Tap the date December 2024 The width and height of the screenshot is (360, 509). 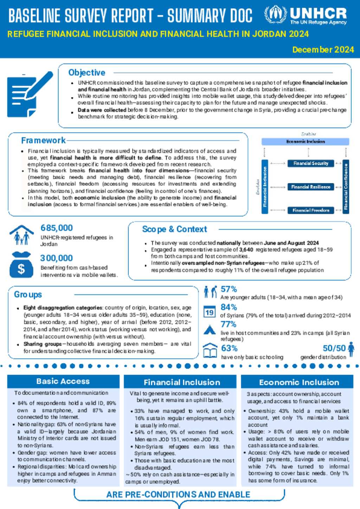tap(323, 50)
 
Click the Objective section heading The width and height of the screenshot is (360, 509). tap(86, 72)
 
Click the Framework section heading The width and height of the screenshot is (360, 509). tap(43, 140)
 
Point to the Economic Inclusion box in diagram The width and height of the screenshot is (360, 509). tap(305, 141)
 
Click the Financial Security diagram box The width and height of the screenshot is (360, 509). tap(311, 163)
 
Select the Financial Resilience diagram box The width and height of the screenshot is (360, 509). tap(311, 187)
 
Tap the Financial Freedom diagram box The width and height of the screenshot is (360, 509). tap(311, 210)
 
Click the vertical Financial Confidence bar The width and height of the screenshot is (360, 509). tap(346, 186)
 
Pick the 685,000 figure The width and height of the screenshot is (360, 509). tap(57, 228)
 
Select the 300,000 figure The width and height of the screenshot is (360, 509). tap(56, 258)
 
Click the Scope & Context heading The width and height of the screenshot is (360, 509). tap(174, 229)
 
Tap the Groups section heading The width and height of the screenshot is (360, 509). tap(28, 294)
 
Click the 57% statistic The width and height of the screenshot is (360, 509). tap(229, 289)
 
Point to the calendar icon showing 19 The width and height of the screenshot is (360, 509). tap(210, 312)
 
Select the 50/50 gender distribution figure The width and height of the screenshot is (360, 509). tap(334, 348)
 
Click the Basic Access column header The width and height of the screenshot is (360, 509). tap(63, 381)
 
